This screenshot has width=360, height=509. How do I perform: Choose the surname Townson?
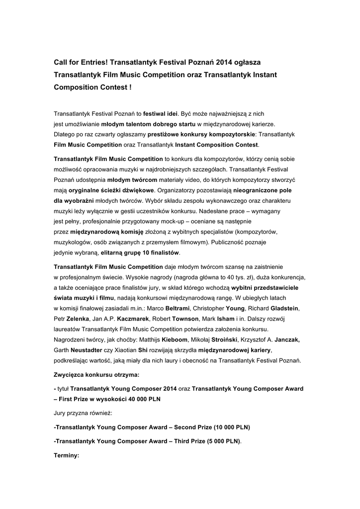(x=187, y=319)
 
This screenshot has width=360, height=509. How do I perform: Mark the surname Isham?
(x=227, y=319)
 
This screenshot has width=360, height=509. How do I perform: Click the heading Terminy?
(x=66, y=455)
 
